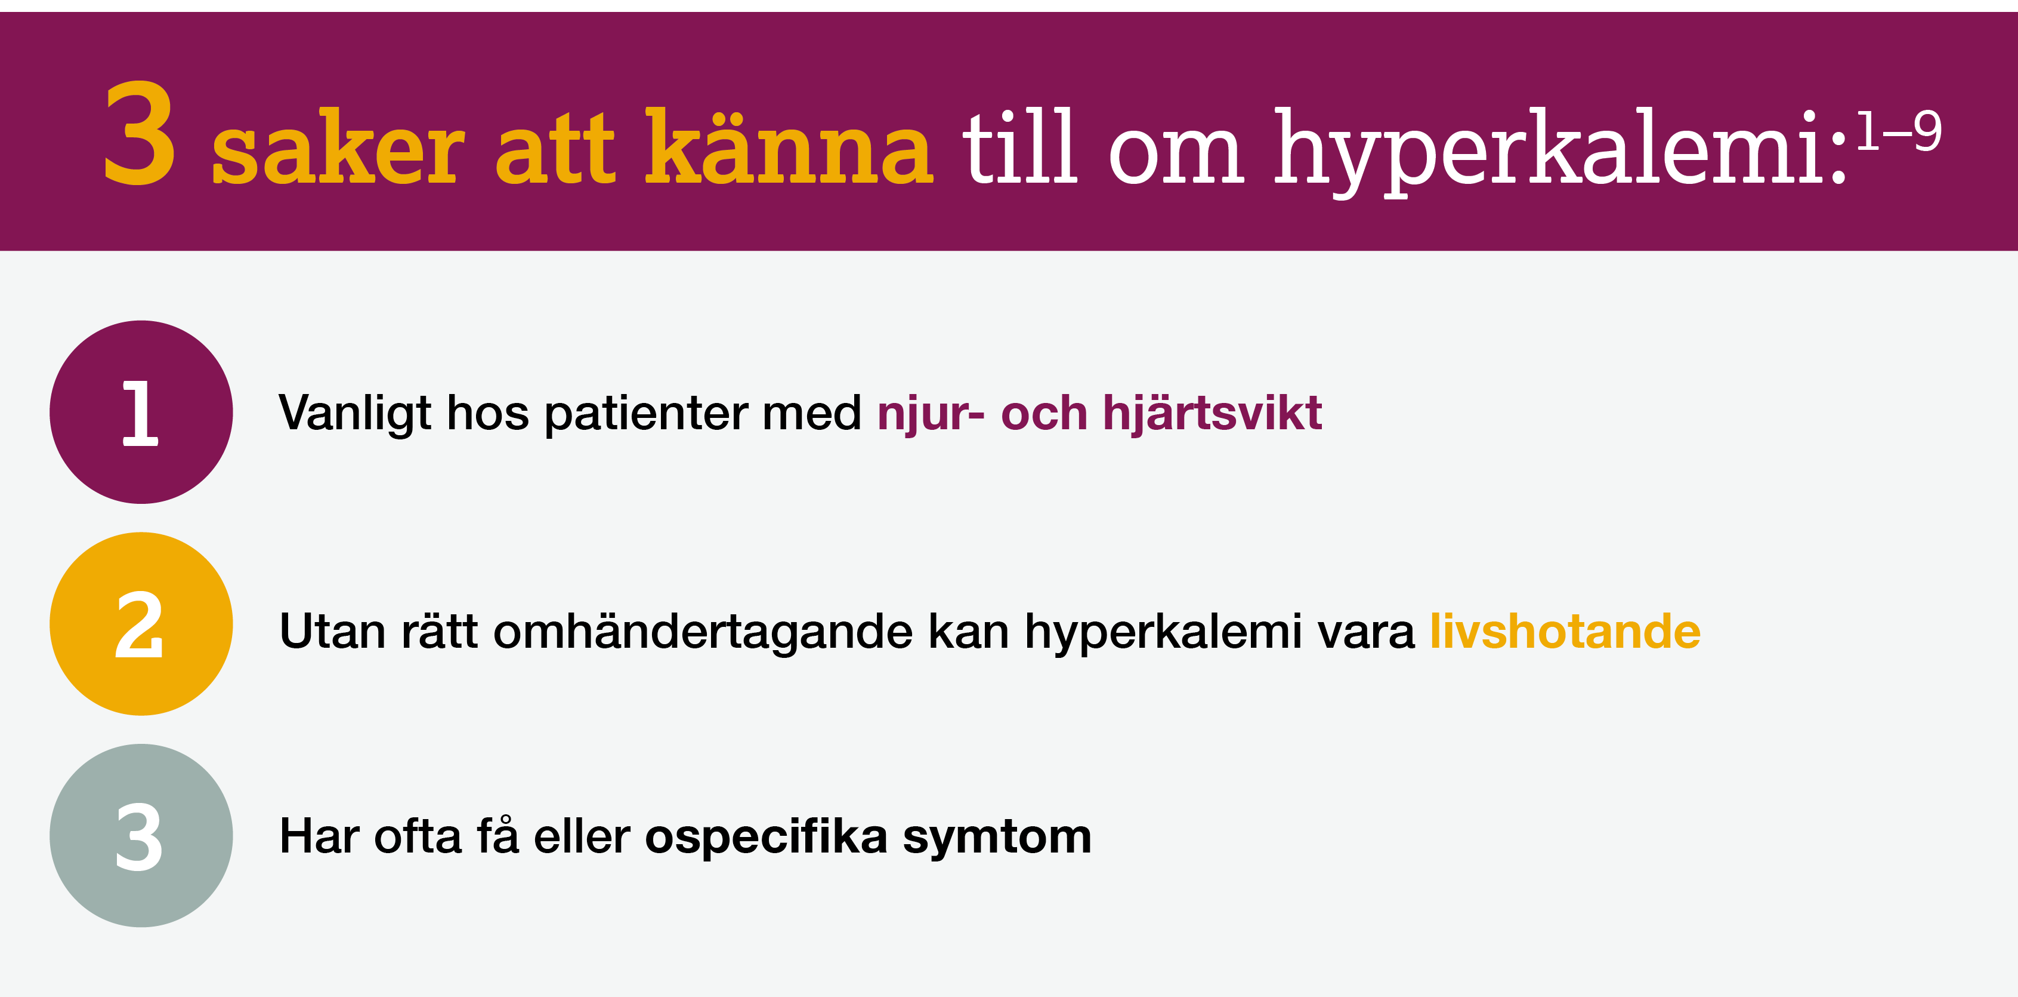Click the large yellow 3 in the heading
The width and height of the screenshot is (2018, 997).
[x=140, y=134]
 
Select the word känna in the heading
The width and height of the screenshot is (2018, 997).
[x=788, y=147]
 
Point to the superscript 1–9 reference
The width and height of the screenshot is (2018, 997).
[x=1899, y=131]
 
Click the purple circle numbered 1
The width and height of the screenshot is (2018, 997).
[x=141, y=413]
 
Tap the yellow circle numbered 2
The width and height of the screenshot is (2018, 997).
[x=141, y=624]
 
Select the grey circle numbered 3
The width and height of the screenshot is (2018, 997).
[x=141, y=836]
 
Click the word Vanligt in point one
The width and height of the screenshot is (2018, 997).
[x=355, y=414]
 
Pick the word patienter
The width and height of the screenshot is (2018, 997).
[x=645, y=414]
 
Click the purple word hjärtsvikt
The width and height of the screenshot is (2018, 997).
[x=1212, y=413]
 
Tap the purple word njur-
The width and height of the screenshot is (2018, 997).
[x=931, y=414]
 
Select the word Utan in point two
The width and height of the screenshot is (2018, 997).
[x=332, y=631]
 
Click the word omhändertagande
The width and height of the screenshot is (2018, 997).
[x=703, y=632]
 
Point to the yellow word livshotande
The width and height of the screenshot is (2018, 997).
[x=1565, y=631]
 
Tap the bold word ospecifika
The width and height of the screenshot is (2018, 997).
[x=765, y=837]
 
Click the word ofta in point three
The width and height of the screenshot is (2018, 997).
[x=418, y=836]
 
